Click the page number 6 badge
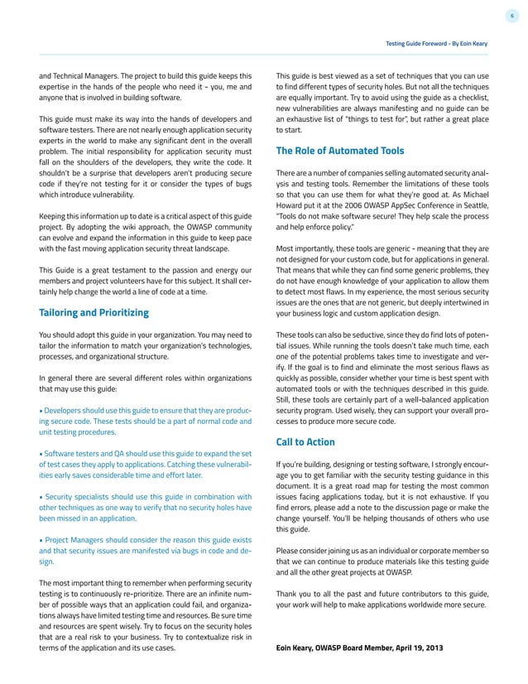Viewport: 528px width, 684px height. tap(511, 16)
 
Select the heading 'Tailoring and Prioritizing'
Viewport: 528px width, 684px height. tap(94, 312)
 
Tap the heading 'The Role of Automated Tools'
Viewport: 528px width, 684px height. tap(339, 151)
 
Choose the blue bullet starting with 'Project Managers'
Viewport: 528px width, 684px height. tap(145, 549)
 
